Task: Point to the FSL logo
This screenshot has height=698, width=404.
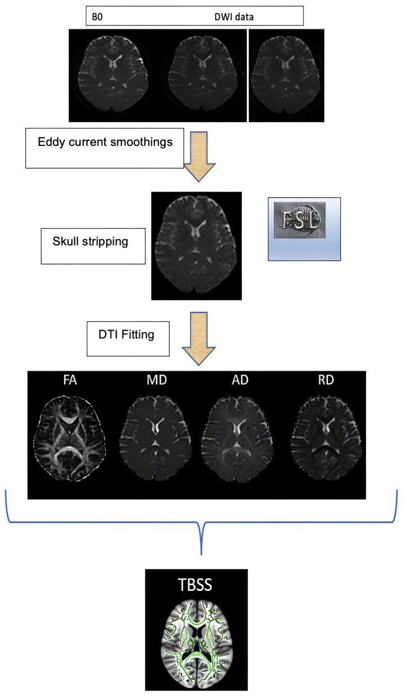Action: point(304,221)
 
